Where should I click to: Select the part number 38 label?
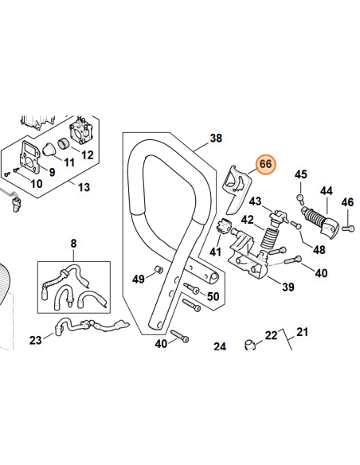tap(217, 139)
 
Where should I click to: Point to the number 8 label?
tap(73, 242)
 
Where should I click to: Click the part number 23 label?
tap(35, 340)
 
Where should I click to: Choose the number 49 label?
tap(139, 279)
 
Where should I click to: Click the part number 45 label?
tap(300, 174)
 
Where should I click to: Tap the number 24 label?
tap(220, 346)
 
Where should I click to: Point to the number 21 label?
tap(301, 331)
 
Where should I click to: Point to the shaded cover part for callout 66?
tap(233, 182)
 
